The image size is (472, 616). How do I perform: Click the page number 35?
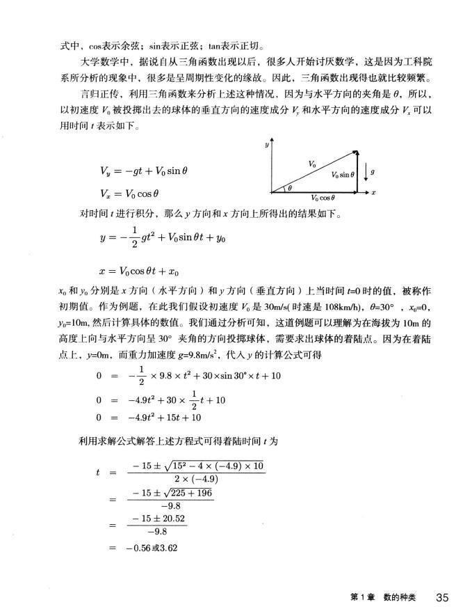coord(444,597)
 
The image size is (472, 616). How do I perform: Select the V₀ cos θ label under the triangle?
coord(324,197)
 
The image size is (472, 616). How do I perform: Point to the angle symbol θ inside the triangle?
coord(291,187)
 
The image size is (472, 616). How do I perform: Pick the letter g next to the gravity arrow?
coord(374,171)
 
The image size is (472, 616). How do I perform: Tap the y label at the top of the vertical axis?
coord(266,145)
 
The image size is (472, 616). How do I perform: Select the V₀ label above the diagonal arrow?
coord(311,162)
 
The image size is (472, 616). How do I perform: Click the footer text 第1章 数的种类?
coord(380,597)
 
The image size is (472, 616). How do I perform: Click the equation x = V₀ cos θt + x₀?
coord(143,269)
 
